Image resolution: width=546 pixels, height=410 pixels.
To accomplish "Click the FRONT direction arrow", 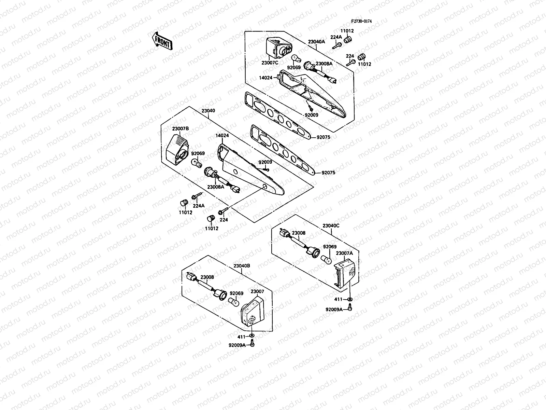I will (162, 41).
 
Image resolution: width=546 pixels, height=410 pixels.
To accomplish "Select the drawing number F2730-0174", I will (361, 21).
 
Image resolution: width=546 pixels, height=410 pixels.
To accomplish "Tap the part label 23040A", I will (316, 42).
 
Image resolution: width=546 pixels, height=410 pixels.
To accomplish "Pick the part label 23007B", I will (180, 128).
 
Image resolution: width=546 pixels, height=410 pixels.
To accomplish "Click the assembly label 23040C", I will (331, 226).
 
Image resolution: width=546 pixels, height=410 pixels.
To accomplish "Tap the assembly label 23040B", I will (242, 265).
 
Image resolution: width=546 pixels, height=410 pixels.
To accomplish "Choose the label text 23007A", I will (344, 254).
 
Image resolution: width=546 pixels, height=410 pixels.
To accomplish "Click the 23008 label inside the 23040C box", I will (299, 233).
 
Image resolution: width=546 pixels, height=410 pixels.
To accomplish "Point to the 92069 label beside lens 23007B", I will (198, 154).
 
